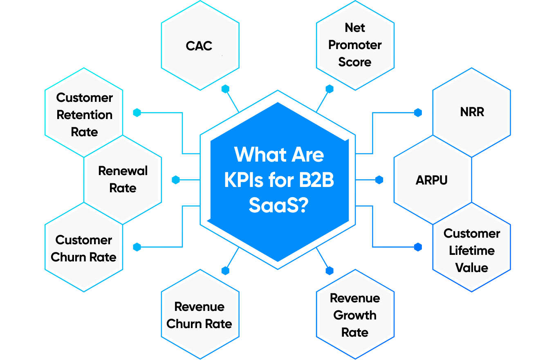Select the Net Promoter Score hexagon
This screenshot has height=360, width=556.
[x=355, y=45]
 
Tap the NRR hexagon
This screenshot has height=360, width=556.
[x=471, y=112]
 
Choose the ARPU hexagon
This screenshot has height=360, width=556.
[x=432, y=180]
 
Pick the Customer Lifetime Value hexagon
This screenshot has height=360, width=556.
[x=471, y=250]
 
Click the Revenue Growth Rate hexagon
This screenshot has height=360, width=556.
[x=355, y=315]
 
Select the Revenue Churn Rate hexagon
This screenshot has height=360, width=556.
[x=200, y=315]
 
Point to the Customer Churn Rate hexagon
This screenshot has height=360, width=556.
[x=84, y=248]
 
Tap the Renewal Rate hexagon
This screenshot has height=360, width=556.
[x=123, y=179]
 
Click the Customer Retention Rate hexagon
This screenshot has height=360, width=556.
[x=84, y=115]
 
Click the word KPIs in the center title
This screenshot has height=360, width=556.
[x=244, y=180]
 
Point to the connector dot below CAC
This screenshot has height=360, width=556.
[x=225, y=89]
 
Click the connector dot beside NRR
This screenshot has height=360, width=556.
[x=417, y=112]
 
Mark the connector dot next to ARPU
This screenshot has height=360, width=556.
[x=379, y=180]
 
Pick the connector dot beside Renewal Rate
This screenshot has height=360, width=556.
[x=176, y=180]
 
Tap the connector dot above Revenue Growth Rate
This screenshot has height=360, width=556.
[x=330, y=270]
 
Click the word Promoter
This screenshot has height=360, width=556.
[x=355, y=45]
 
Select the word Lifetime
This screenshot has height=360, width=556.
[x=471, y=250]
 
